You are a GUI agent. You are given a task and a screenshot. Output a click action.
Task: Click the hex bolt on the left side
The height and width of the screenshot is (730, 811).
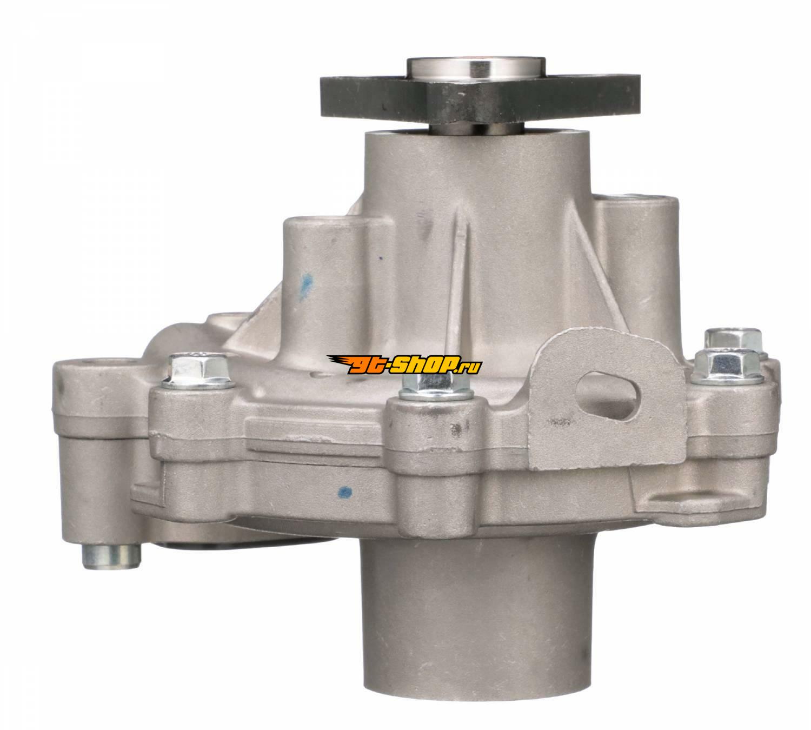point(198,371)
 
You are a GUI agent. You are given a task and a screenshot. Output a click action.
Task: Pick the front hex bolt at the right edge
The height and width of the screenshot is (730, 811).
point(727,367)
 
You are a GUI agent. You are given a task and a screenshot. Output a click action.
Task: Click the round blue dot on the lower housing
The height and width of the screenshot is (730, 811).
point(345,492)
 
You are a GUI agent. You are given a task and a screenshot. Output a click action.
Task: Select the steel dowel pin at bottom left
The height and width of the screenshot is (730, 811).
point(111,556)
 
